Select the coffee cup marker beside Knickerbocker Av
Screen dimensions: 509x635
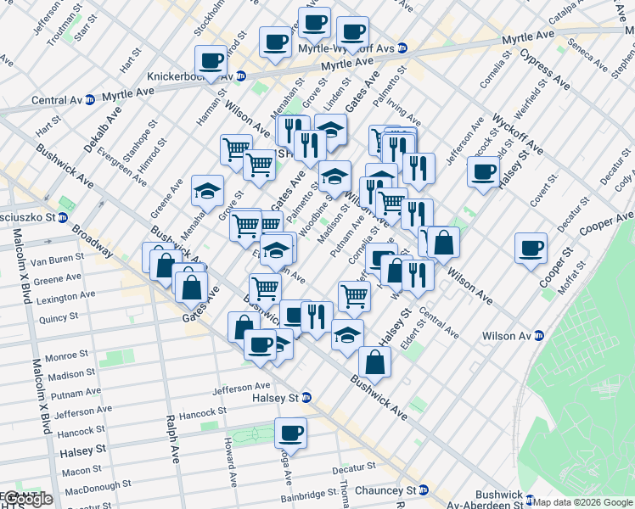tap(211, 60)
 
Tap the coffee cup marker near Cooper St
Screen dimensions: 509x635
tap(531, 249)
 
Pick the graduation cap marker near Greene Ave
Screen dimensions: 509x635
tap(206, 192)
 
